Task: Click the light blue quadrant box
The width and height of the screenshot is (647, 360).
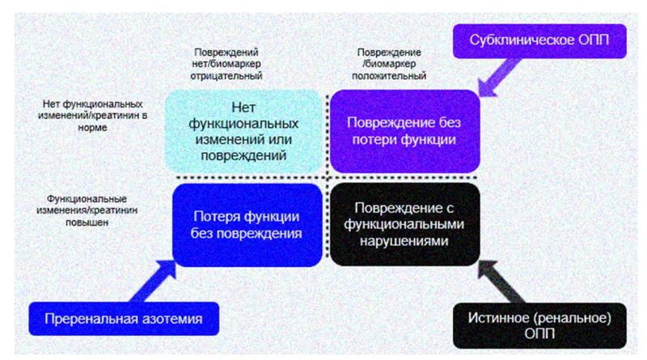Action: pos(243,132)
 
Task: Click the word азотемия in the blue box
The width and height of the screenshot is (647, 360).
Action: pos(174,319)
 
